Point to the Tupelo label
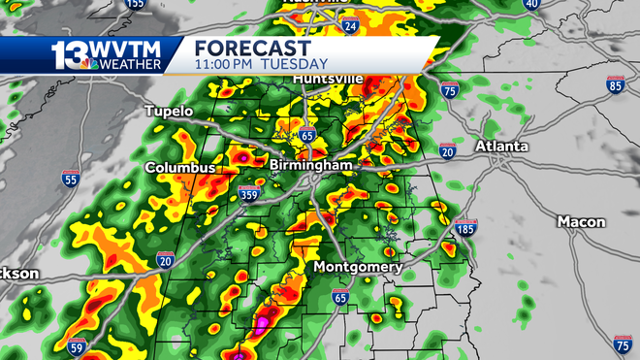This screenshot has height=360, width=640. (170, 112)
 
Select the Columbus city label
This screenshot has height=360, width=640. (180, 168)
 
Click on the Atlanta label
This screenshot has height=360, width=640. (501, 147)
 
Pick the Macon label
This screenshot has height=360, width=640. (581, 222)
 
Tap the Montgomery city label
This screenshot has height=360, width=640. (358, 267)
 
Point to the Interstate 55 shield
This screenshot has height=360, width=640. (70, 179)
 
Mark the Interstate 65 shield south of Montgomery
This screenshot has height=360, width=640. (339, 297)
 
